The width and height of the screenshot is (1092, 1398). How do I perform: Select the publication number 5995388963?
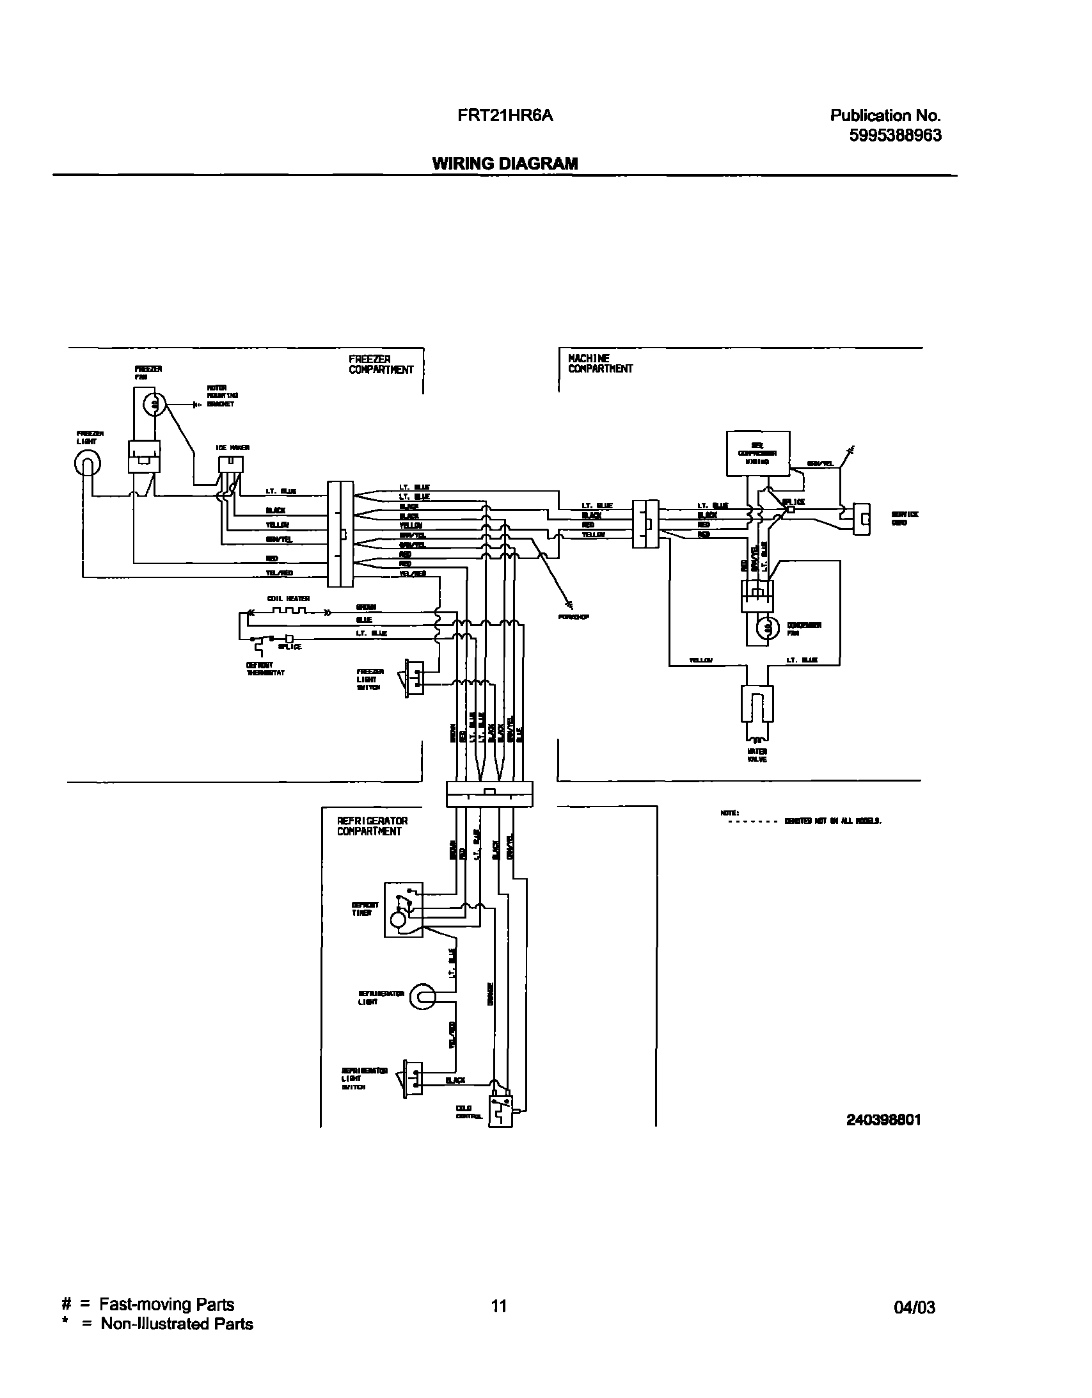point(895,136)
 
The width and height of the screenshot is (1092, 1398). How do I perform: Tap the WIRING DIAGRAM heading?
point(505,163)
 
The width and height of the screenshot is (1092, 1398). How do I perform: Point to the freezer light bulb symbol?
point(88,463)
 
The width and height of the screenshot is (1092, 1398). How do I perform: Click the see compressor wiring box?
point(758,453)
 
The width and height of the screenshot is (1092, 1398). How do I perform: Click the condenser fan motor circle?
point(766,629)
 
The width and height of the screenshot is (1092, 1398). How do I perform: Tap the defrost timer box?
point(403,910)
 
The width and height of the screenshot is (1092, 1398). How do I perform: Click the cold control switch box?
point(500,1111)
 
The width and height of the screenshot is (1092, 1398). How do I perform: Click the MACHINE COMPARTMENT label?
point(600,364)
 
